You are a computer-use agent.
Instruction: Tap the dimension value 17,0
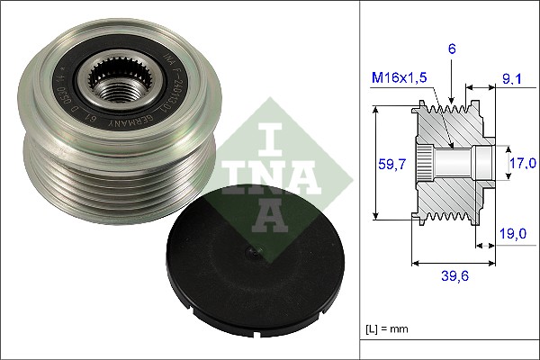coord(524,163)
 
